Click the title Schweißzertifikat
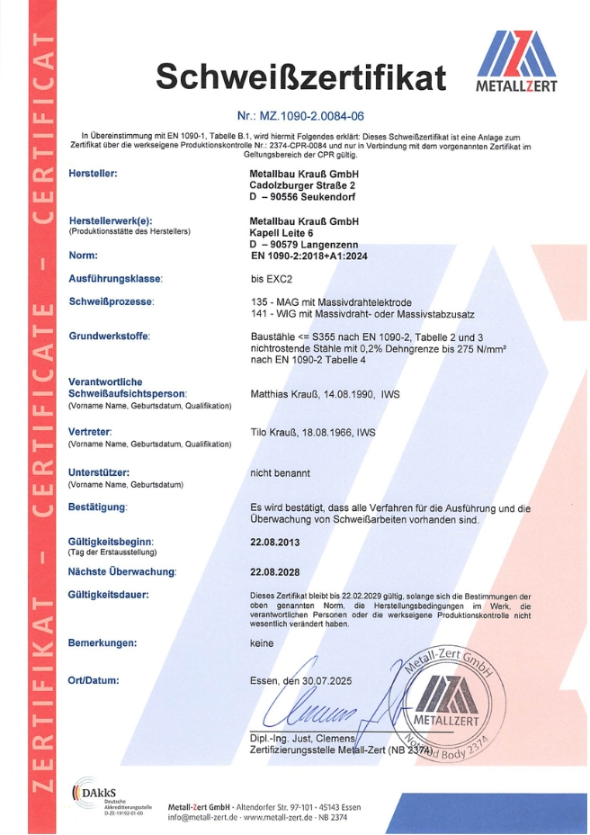301,78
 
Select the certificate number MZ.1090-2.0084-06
301,116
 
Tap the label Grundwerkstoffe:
109,336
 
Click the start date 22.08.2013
274,543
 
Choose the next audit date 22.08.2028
274,571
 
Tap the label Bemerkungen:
103,642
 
